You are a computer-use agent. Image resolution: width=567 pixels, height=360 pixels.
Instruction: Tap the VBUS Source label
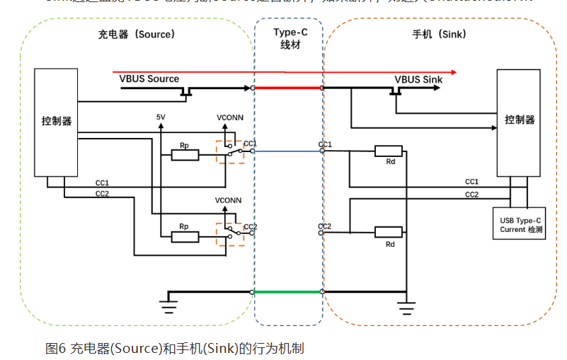tap(149, 79)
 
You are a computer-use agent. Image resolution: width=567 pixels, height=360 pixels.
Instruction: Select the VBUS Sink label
tap(418, 79)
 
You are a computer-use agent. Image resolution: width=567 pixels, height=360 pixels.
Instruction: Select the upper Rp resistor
tap(185, 155)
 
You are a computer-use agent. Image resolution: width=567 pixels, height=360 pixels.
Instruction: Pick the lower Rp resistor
tap(185, 237)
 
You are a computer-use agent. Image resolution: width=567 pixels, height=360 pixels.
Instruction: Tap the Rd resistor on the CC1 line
tap(389, 151)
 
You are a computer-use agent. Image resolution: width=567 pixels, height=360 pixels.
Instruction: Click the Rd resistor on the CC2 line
tap(389, 231)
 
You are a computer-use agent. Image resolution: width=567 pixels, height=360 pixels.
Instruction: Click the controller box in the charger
tap(56, 122)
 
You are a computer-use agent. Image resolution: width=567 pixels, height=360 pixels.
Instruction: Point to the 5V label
tap(161, 117)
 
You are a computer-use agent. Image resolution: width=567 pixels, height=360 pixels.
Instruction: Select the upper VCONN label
tap(228, 117)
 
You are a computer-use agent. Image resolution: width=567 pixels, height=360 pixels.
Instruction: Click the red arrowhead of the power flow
tap(453, 72)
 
